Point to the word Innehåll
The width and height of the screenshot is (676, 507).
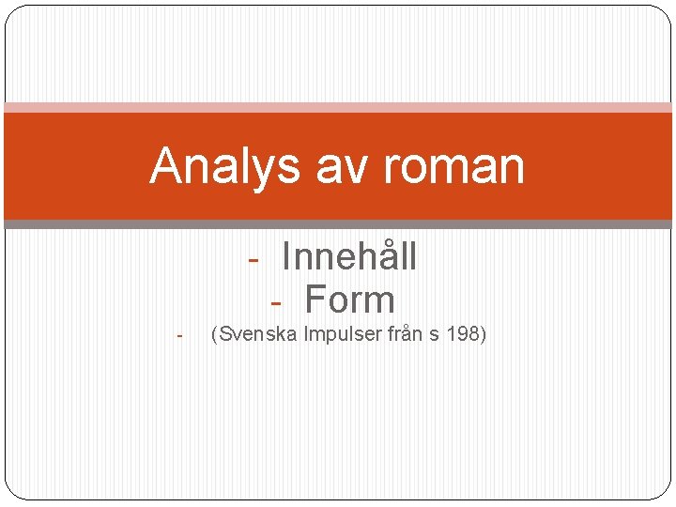[x=349, y=256]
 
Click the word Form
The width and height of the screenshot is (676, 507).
[x=350, y=300]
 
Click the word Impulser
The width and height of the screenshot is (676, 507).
[x=342, y=333]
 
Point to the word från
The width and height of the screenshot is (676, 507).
[x=406, y=333]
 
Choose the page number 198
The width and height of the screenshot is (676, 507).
[x=462, y=333]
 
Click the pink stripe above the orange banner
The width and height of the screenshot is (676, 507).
[x=338, y=107]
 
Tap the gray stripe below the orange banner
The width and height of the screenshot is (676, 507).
[x=338, y=224]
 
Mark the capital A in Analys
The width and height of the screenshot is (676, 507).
[x=166, y=167]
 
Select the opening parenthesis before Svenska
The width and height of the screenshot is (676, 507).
[x=216, y=334]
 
